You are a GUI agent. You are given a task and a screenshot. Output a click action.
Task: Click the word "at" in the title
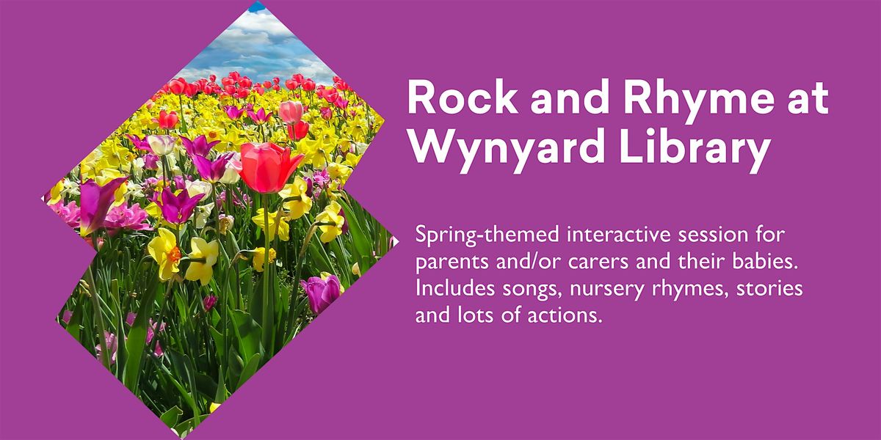pos(805,99)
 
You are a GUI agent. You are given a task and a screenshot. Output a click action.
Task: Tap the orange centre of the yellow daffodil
pos(174,254)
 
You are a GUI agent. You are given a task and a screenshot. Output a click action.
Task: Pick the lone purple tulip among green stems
pos(322,292)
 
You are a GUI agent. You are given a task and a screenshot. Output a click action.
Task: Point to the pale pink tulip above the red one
pos(291,111)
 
